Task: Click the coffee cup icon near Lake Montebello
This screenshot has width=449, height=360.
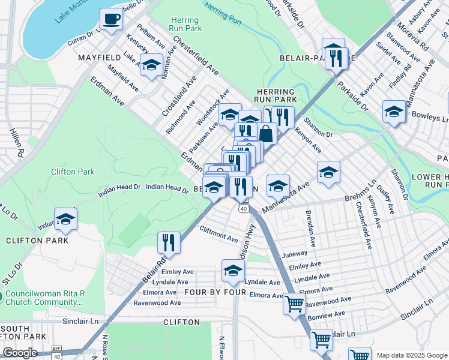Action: pos(110,19)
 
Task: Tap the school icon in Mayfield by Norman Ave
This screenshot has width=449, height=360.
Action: pos(151,64)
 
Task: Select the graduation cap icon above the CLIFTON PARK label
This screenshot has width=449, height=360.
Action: pos(66,219)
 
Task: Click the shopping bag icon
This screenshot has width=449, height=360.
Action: pos(266,133)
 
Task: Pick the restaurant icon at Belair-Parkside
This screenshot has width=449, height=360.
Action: pos(334,57)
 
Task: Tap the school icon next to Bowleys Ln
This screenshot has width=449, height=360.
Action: pos(394,112)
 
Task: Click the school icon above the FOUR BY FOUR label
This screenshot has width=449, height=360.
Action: pos(233,271)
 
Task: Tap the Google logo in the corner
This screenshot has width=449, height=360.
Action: pos(20,353)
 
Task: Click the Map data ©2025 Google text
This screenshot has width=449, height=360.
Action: pos(411,355)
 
